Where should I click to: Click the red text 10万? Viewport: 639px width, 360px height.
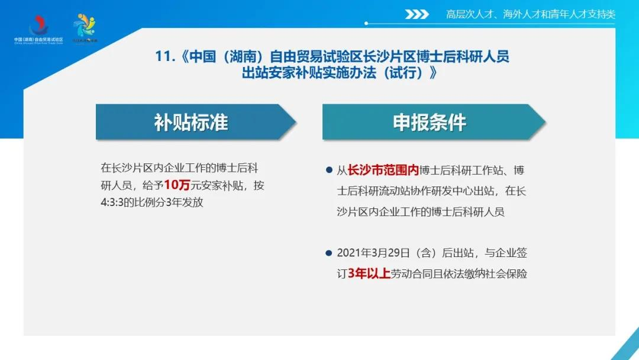coord(177,185)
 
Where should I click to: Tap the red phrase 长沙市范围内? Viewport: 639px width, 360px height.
coord(383,170)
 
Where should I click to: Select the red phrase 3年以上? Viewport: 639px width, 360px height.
coord(369,274)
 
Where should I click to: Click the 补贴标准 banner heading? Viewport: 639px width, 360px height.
coord(191,123)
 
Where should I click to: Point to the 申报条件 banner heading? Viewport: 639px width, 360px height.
coord(430,123)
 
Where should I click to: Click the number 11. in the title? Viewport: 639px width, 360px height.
coord(165,56)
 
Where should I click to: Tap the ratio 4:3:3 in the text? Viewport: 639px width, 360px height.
coord(112,202)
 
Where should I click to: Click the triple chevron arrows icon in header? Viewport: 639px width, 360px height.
coord(417,14)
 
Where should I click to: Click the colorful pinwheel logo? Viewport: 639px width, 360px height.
coord(85,28)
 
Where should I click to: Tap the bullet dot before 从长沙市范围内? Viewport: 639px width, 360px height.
coord(329,170)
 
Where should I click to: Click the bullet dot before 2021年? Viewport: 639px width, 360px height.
coord(329,253)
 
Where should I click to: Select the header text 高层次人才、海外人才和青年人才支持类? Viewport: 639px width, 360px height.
coord(531,14)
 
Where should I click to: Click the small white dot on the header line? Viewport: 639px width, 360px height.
coord(366,23)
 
